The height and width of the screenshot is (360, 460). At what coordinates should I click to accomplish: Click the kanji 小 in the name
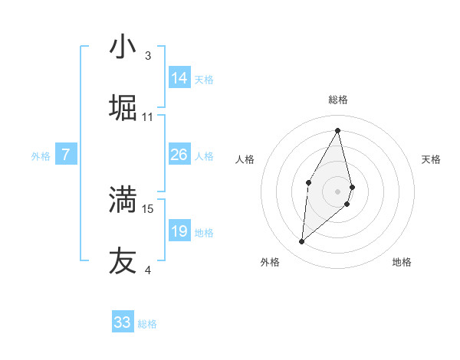point(123,47)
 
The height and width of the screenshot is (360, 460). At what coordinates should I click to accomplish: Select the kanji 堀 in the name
point(123,108)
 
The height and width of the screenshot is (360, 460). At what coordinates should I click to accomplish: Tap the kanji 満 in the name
point(123,199)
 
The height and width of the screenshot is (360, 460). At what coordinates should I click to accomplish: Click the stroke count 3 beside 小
point(148,56)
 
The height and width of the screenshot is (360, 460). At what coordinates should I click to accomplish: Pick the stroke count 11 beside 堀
point(148,117)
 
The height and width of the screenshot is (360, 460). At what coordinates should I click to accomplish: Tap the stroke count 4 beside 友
point(148,270)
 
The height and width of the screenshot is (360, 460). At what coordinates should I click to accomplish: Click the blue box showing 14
point(179,78)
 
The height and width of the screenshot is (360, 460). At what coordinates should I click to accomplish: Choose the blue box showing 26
point(179,155)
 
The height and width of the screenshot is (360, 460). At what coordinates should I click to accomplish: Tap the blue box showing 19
point(179,231)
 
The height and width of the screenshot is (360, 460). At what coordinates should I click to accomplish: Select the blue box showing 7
point(66,155)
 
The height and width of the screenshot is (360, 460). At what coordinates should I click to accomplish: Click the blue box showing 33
point(123,322)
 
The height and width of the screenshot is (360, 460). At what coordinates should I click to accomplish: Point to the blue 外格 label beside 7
point(41,156)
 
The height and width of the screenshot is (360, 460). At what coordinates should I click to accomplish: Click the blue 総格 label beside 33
point(147,324)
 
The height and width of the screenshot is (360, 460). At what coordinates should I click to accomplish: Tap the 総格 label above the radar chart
point(338,100)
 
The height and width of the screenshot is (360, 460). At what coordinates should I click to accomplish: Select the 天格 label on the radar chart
point(431,159)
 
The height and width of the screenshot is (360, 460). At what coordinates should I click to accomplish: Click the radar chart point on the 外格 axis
point(301,242)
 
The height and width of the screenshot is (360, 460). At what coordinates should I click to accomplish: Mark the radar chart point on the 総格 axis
point(338,129)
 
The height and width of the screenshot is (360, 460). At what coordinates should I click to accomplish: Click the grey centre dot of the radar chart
point(338,190)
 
